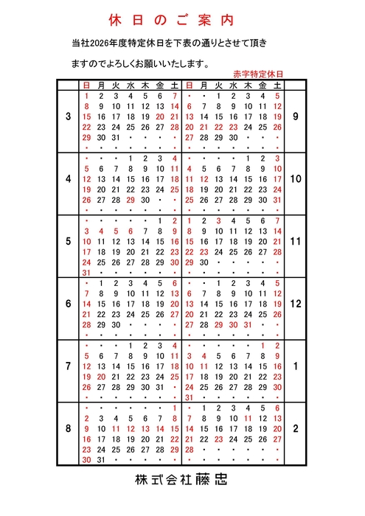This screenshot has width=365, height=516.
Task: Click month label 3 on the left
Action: coord(69,116)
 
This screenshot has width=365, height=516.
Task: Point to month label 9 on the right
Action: coord(296,116)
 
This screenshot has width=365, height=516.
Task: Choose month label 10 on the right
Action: coord(296,179)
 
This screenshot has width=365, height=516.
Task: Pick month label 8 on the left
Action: coord(69,428)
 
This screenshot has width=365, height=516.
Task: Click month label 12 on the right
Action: coord(296,303)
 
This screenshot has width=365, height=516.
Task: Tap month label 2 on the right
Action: coord(296,428)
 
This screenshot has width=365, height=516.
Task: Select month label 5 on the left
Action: coord(69,241)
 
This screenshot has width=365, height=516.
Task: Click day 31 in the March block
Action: coord(116,138)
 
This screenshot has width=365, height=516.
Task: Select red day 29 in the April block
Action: coord(131,200)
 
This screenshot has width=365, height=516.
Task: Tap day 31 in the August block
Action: coord(102,459)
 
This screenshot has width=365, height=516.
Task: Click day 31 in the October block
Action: coord(277,200)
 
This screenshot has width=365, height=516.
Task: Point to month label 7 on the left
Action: coord(69,366)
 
